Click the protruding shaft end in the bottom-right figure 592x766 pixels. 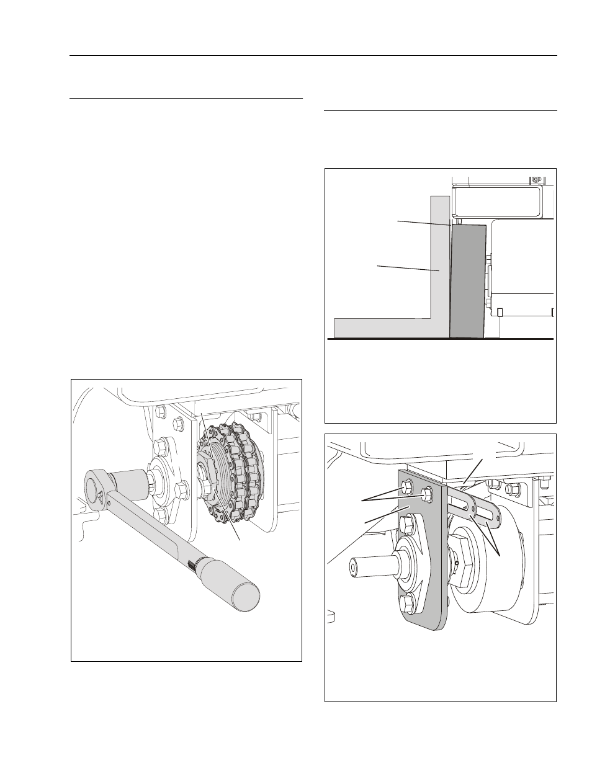point(366,567)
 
